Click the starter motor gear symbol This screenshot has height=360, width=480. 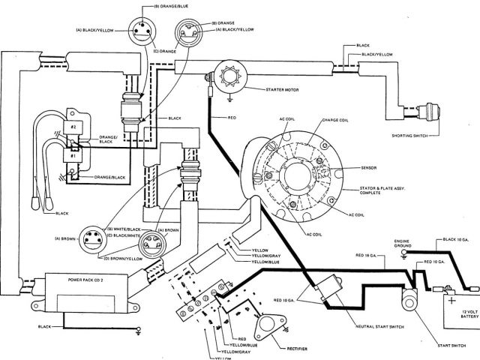click(224, 76)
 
